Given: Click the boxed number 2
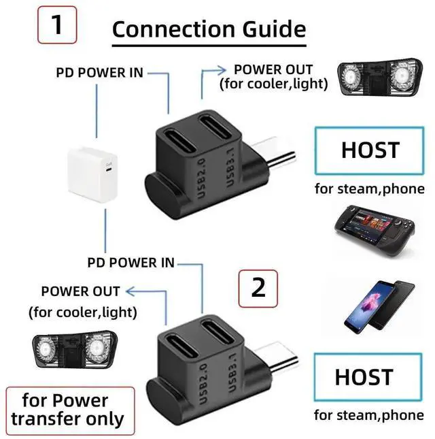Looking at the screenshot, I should click(258, 288).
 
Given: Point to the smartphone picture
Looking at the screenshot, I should click(375, 302).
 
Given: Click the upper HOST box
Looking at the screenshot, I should click(370, 150).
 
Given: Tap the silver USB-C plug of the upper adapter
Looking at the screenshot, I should click(279, 155).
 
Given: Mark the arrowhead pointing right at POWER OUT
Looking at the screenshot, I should click(222, 69).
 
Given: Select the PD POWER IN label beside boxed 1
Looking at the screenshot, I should click(100, 71).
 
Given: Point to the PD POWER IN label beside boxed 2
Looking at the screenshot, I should click(131, 262).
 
